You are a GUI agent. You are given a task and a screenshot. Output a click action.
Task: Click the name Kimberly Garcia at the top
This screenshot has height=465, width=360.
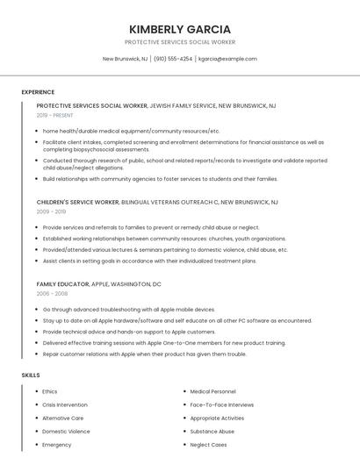coord(180,29)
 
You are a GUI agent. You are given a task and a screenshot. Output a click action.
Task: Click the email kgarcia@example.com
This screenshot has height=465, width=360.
coord(227,59)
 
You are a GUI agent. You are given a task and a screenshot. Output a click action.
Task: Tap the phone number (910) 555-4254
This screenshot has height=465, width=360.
coord(173,59)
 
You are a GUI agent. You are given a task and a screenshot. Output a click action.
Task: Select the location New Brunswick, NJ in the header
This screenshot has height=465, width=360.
coord(126,59)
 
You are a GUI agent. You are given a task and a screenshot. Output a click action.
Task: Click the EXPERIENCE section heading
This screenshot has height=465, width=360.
coord(38,92)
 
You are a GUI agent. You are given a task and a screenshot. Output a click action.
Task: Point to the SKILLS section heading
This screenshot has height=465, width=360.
coord(31,375)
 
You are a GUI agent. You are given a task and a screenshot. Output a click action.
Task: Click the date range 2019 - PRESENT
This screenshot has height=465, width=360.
coord(56,115)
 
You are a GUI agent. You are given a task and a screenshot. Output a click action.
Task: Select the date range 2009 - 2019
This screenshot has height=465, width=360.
coord(51,211)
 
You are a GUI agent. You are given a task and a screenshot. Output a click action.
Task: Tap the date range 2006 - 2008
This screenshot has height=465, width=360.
coord(51,294)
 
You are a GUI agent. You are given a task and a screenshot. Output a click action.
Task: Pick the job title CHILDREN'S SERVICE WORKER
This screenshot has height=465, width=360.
coord(78,202)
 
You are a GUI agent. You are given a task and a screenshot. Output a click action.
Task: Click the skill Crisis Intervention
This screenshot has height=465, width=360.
coord(65,404)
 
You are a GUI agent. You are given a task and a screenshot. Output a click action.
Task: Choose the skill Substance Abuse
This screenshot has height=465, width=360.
coord(212,431)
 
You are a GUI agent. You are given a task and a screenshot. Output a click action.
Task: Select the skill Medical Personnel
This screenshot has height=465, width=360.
coord(212,391)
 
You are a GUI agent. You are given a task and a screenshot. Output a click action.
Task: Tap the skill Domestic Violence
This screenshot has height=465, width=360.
coord(66,431)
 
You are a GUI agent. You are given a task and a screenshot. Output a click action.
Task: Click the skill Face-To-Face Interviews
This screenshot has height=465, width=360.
coord(222,404)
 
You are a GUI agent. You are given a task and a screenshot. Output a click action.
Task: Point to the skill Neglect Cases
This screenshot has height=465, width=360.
coord(208,445)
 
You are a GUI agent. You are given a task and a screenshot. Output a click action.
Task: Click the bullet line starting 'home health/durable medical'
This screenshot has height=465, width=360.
coord(132,131)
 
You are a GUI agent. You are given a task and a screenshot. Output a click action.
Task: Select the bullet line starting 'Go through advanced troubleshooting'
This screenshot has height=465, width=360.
coord(129,310)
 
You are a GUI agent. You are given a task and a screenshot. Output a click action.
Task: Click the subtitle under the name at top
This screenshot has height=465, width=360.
coord(180,42)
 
